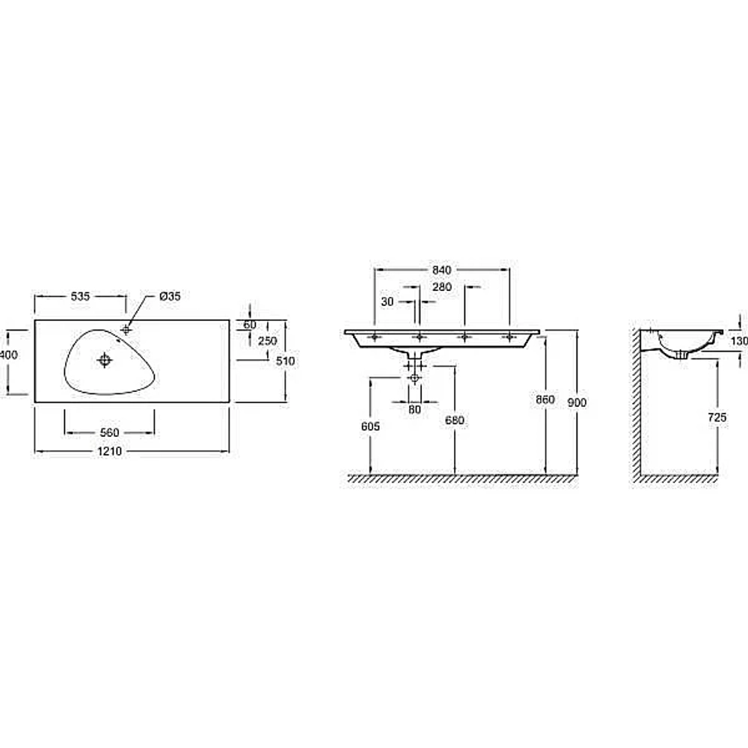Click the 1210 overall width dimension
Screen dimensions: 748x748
coord(110,451)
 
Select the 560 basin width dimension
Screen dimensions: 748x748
coord(109,432)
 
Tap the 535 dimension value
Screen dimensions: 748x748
coord(80,296)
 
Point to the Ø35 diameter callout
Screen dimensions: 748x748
coord(171,296)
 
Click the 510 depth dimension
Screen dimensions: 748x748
coord(285,361)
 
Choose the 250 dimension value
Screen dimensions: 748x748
coord(267,341)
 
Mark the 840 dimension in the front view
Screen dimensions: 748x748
coord(441,270)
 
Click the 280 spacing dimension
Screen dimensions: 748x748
coord(441,287)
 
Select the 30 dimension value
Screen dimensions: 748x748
coord(387,302)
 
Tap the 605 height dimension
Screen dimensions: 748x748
coord(370,426)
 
